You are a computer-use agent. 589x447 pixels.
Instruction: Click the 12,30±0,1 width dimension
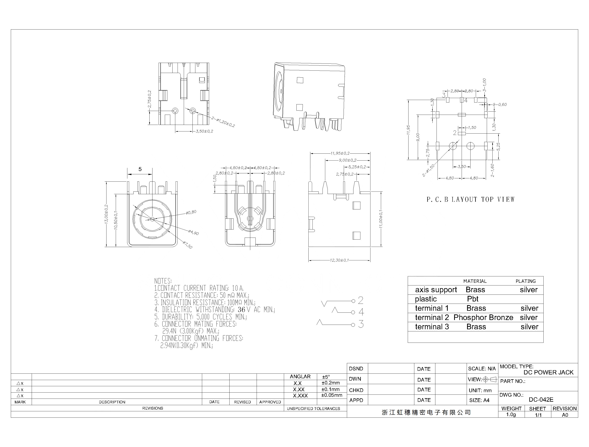point(339,260)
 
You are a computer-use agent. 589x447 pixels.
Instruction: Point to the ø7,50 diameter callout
point(188,245)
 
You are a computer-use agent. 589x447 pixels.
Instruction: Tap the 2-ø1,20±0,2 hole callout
point(223,122)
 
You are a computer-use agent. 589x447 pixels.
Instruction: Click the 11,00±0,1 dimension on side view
point(381,219)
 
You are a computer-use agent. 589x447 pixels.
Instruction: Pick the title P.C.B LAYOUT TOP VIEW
point(471,200)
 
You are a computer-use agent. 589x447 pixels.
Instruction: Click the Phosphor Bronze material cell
point(483,317)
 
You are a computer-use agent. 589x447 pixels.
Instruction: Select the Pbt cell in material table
point(473,299)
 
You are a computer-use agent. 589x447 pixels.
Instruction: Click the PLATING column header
point(526,281)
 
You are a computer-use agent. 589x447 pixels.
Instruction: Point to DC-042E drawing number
point(541,400)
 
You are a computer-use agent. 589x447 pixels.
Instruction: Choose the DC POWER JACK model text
point(548,372)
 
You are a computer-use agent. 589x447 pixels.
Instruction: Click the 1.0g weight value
point(511,415)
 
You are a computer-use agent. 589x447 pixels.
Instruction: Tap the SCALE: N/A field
point(482,368)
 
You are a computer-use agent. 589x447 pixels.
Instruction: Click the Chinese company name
point(426,413)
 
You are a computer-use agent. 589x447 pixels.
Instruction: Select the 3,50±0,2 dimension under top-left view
point(204,131)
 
